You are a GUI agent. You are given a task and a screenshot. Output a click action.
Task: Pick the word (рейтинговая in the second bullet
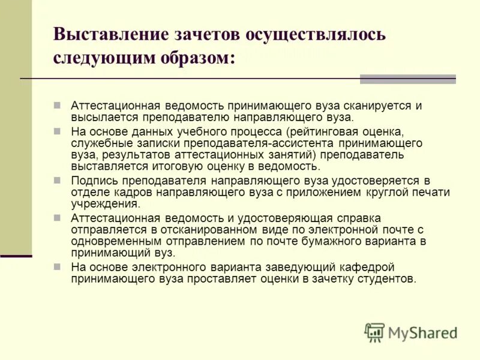click(323, 131)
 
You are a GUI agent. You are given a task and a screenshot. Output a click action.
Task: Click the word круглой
click(385, 192)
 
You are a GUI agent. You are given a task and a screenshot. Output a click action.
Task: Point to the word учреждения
click(105, 203)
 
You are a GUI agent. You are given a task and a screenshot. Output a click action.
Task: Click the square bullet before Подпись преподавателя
click(58, 180)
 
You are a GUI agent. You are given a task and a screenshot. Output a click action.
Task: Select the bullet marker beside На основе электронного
click(58, 267)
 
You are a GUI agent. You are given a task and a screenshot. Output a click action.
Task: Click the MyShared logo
click(411, 332)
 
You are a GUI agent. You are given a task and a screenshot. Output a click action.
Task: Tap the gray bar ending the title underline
click(407, 79)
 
